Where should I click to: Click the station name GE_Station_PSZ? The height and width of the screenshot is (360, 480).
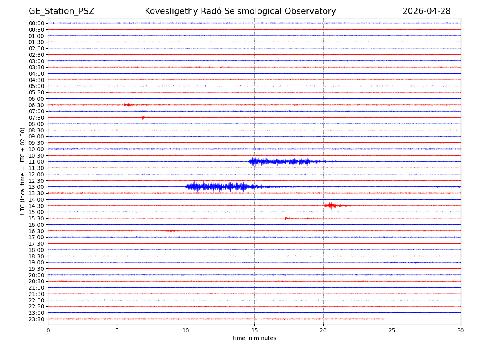point(61,12)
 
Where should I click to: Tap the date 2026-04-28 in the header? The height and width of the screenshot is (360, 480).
point(426,12)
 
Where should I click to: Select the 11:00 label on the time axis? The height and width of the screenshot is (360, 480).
point(36,162)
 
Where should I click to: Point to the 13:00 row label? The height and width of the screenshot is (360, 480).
point(36,187)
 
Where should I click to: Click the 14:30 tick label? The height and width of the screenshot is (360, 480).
point(36,206)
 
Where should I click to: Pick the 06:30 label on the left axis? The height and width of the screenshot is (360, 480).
point(36,105)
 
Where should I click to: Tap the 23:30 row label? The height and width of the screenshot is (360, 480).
point(36,319)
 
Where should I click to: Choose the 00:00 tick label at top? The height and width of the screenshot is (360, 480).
point(36,23)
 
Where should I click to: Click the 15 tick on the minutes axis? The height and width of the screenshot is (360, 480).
point(254,330)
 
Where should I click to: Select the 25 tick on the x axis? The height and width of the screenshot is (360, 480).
point(392,330)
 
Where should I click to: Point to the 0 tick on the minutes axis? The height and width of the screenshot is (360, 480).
point(48,330)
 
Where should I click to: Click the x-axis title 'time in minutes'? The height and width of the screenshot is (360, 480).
point(254,338)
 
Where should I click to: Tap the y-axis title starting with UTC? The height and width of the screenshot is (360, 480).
point(23,171)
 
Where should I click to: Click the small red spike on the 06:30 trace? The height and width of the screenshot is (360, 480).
point(128,105)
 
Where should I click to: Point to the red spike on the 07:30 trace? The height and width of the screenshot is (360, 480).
point(143,118)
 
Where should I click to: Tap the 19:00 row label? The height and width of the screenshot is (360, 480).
point(36,262)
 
